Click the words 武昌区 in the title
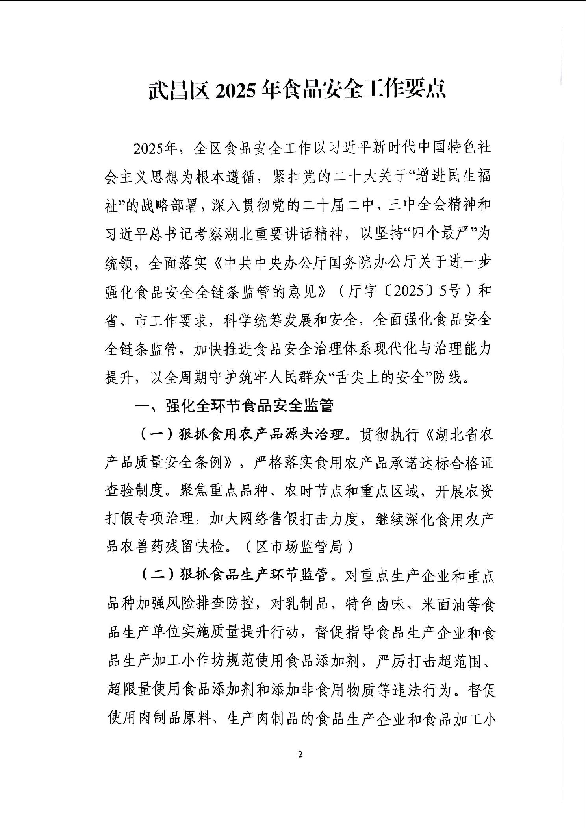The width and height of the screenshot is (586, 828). [x=179, y=90]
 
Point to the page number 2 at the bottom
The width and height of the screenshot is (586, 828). [x=300, y=754]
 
